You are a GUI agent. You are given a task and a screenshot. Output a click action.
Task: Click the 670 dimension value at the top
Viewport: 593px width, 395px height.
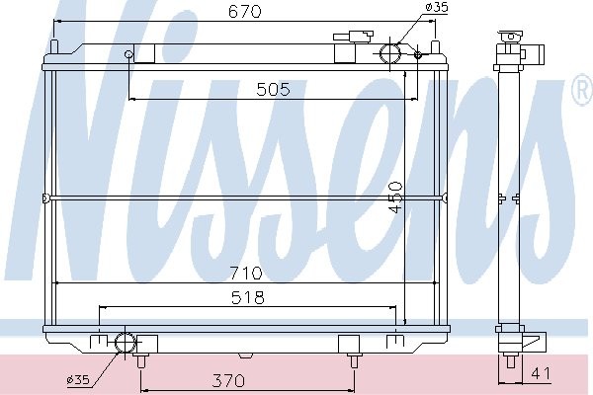[x=245, y=12]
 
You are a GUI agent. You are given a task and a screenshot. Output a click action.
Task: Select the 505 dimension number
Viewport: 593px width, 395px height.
[x=273, y=90]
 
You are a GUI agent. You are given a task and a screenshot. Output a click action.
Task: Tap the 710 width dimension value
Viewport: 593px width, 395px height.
[x=245, y=273]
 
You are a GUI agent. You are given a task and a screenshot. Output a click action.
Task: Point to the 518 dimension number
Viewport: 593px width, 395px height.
[x=248, y=297]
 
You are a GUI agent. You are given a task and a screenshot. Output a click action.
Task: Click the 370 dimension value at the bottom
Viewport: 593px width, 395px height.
[x=228, y=380]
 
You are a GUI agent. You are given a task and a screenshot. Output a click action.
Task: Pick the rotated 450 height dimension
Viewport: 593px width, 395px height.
[x=395, y=197]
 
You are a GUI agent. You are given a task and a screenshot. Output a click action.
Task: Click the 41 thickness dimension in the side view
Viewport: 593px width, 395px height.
[x=541, y=374]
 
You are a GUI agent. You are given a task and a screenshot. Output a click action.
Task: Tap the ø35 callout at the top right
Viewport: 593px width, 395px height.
[x=436, y=7]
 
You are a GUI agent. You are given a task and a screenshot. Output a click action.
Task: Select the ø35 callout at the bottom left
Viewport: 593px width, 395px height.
[x=78, y=379]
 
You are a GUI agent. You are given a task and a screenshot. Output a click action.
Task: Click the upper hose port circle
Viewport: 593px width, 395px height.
[x=390, y=54]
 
